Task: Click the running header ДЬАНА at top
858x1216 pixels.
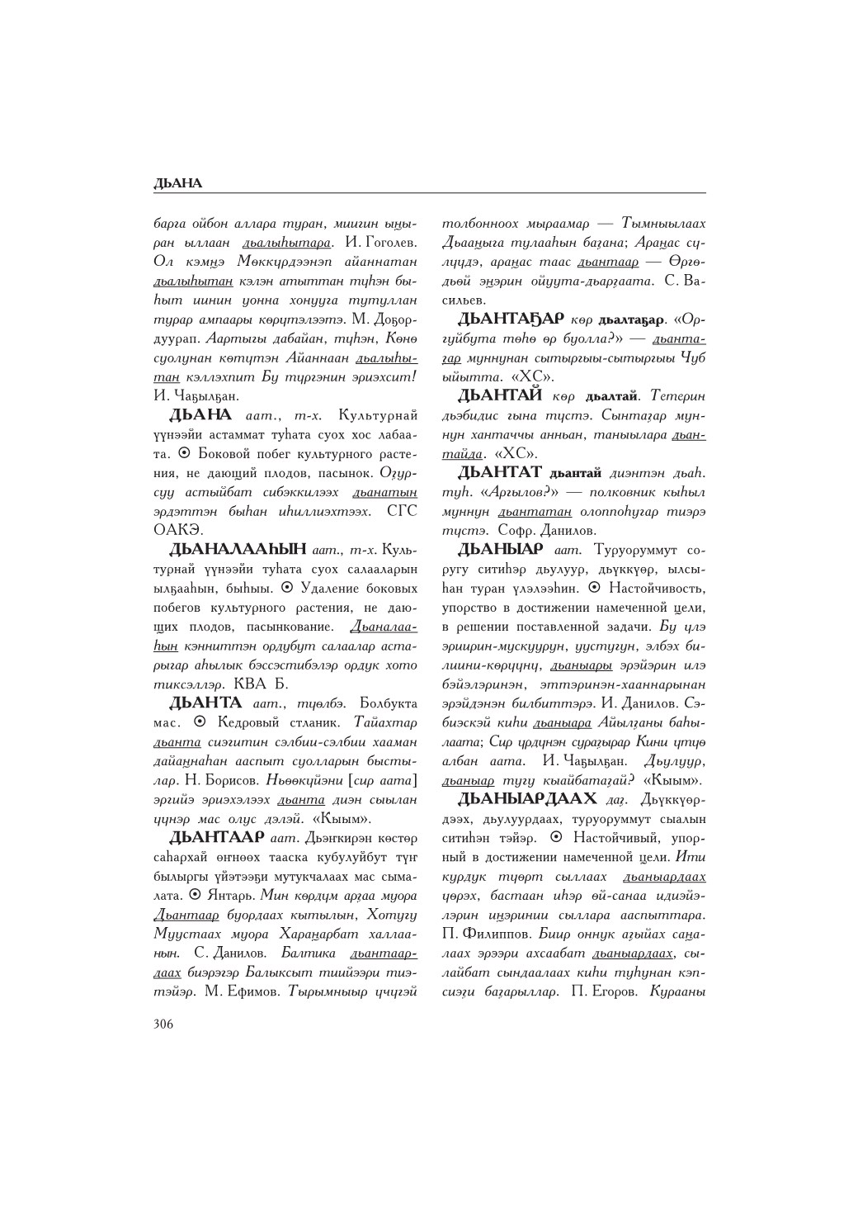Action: tap(177, 183)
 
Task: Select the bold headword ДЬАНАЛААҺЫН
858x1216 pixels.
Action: tap(238, 548)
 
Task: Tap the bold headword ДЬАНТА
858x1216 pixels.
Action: tap(205, 703)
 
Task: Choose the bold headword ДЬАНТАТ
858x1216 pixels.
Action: tap(500, 471)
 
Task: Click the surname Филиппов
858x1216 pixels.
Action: tap(493, 934)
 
